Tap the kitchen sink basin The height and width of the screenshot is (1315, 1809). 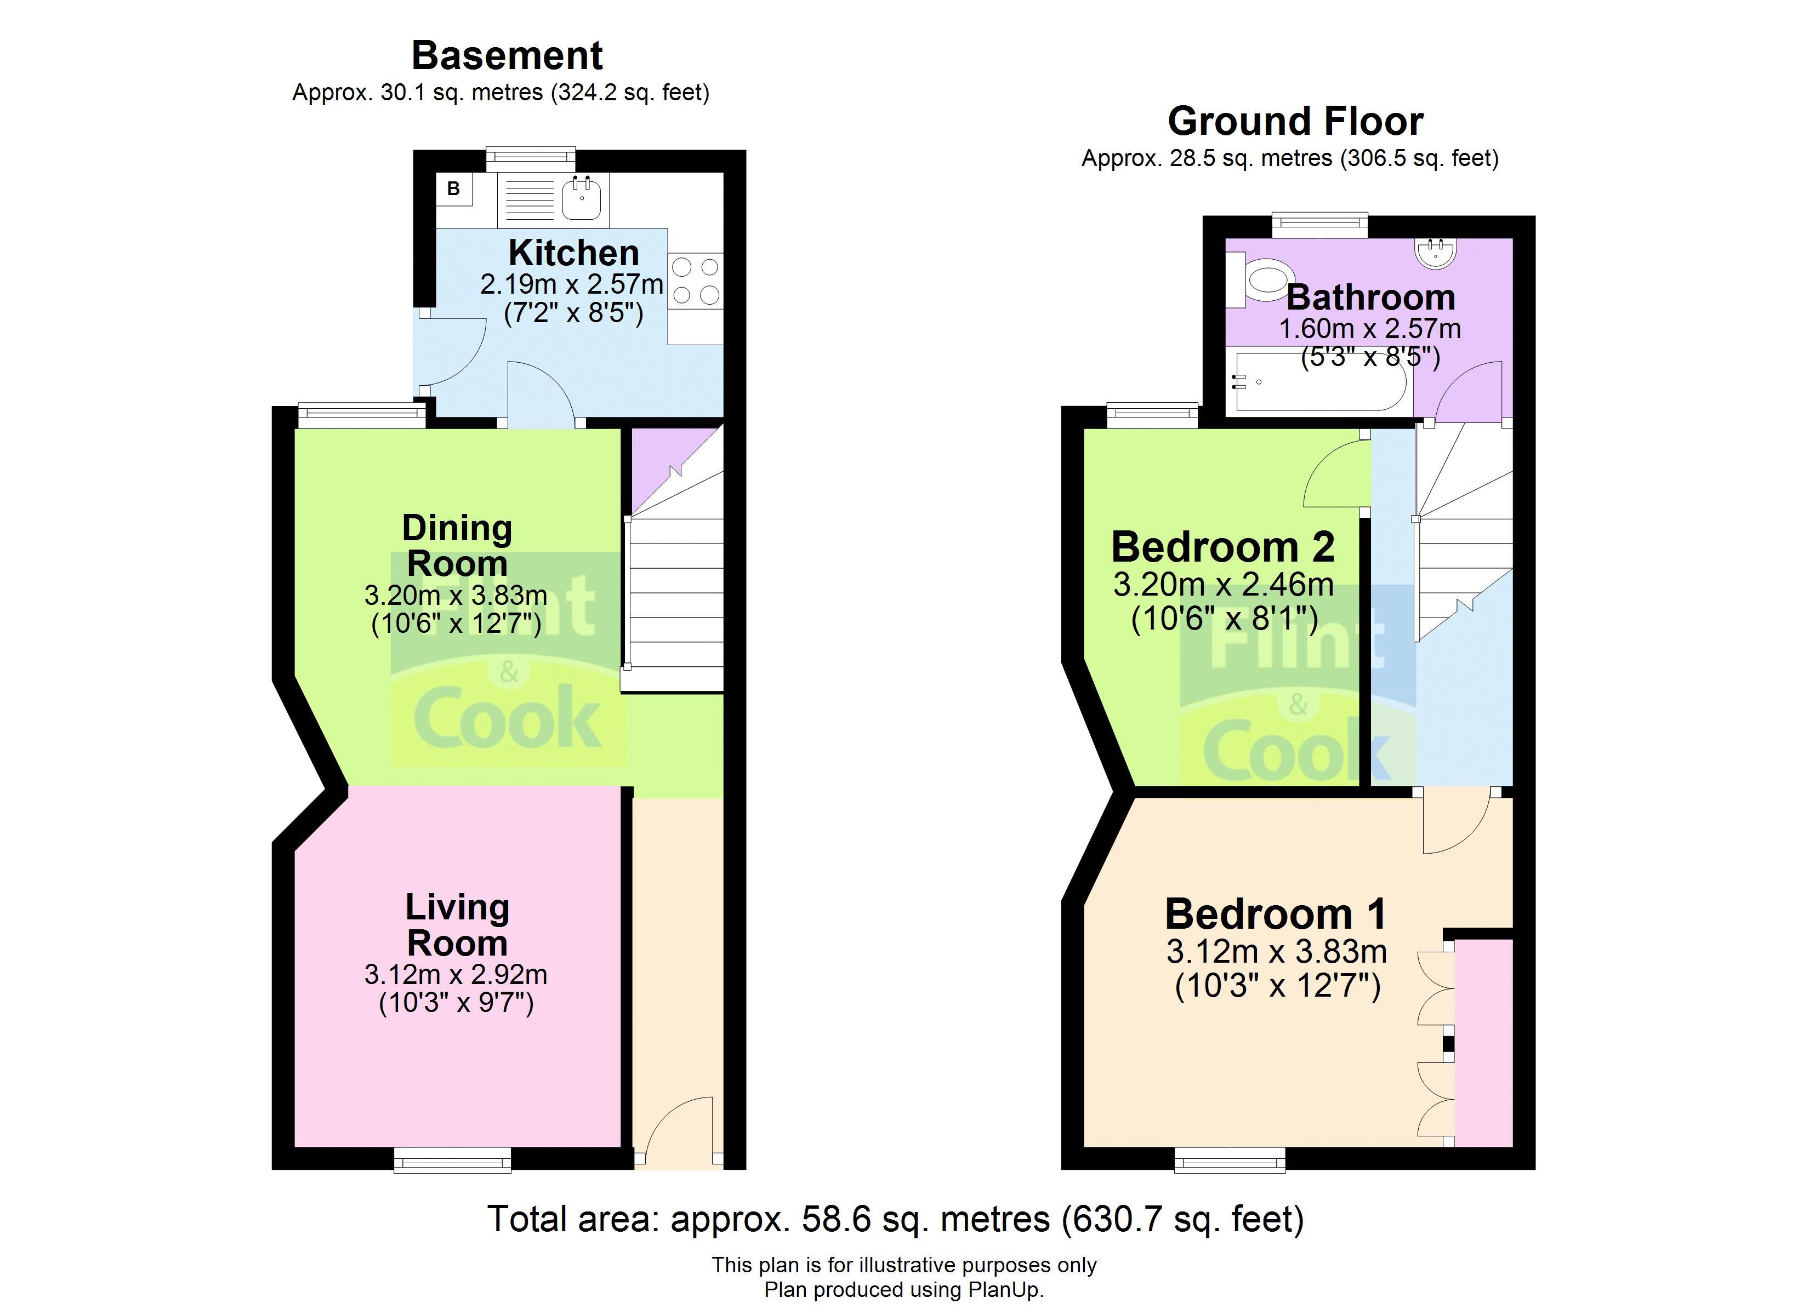(x=581, y=199)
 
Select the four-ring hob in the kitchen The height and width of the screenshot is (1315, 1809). (x=696, y=281)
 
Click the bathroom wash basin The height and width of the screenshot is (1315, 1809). (x=1437, y=252)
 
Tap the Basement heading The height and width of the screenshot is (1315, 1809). (x=507, y=56)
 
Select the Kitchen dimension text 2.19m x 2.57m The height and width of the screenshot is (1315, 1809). (x=571, y=284)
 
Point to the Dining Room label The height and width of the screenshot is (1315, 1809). (x=457, y=546)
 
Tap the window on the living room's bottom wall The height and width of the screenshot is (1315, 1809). (x=452, y=1160)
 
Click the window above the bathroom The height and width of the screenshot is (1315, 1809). (x=1319, y=225)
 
